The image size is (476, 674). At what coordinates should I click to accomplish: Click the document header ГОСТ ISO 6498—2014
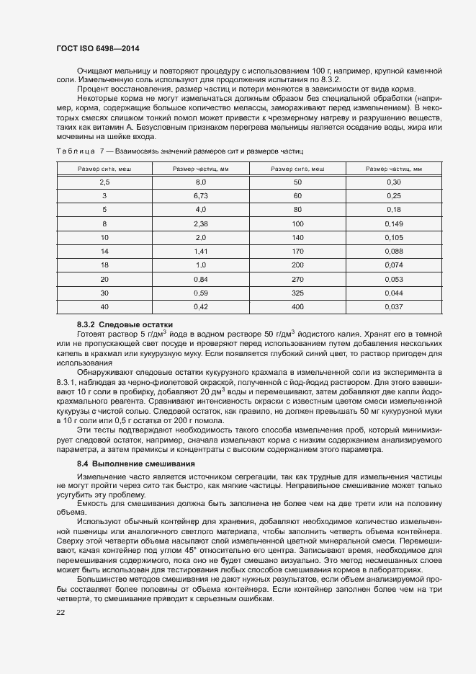tap(97, 49)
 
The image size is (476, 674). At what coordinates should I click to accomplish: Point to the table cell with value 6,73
tap(200, 196)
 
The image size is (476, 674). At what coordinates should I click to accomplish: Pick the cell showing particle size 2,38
tap(200, 223)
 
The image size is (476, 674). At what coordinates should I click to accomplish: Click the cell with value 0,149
tap(393, 223)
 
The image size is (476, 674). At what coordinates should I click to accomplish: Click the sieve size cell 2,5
tap(104, 182)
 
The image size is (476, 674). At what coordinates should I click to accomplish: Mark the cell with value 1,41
tap(200, 251)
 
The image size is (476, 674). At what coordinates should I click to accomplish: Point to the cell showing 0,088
tap(393, 251)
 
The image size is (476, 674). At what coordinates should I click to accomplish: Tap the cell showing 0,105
tap(393, 237)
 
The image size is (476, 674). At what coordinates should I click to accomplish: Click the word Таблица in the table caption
tap(76, 151)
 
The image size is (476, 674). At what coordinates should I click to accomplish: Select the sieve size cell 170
tap(297, 251)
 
